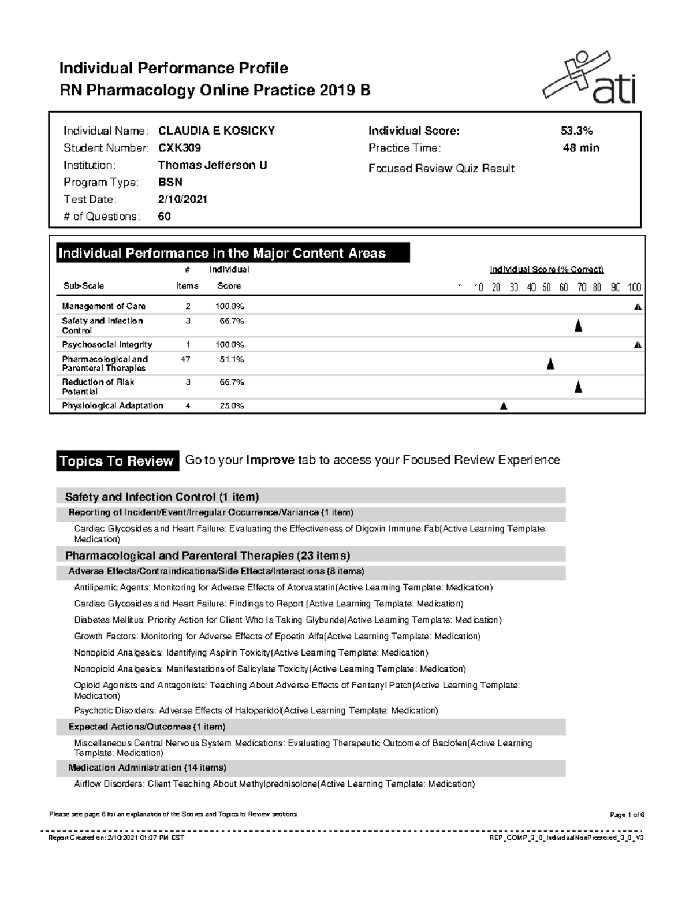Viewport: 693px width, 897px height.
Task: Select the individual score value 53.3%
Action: point(576,131)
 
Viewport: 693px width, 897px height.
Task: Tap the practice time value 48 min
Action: point(581,148)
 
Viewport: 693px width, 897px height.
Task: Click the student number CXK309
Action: point(180,148)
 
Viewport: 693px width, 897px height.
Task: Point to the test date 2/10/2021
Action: point(182,199)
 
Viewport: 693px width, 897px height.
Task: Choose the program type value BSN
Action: point(170,183)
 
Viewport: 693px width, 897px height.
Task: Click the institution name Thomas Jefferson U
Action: point(212,165)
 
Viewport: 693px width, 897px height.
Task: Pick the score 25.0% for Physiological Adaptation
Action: point(232,406)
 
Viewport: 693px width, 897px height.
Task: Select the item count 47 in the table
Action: point(186,359)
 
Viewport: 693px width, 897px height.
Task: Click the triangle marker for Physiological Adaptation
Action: point(504,406)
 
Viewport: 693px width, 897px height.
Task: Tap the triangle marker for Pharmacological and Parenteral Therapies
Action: point(550,363)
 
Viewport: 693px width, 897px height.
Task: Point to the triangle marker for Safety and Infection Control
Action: point(578,326)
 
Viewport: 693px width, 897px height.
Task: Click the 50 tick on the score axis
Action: point(546,288)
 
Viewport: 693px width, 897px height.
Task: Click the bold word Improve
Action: point(270,460)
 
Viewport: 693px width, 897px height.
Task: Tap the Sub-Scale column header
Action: point(83,286)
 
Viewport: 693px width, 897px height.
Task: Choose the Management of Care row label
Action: point(103,306)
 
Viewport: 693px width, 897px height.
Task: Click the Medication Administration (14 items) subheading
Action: point(147,768)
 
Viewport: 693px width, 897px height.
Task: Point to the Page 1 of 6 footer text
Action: point(627,815)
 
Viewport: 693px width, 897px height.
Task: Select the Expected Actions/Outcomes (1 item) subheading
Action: point(147,727)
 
